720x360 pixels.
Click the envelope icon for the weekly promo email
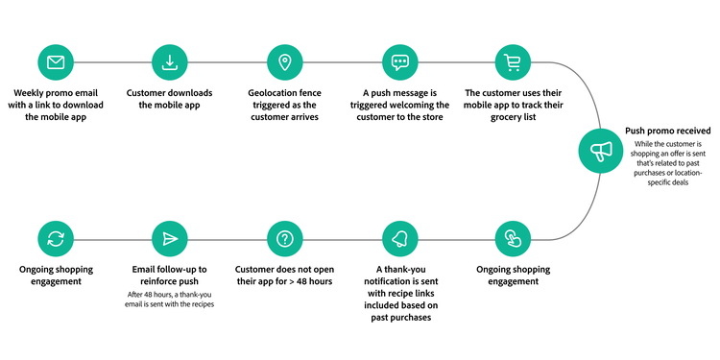point(56,63)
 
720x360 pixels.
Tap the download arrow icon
point(170,63)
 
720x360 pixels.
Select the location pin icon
point(284,63)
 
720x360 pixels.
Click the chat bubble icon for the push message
point(399,63)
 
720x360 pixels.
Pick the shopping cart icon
point(514,63)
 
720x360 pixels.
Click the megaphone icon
point(600,152)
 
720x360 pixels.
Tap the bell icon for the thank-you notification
point(399,238)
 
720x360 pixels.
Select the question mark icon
point(284,238)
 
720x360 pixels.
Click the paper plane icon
point(170,238)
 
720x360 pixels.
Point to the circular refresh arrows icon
point(56,238)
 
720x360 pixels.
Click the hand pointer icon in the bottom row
point(514,238)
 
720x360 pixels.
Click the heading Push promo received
point(667,130)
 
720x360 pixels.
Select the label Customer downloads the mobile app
point(170,99)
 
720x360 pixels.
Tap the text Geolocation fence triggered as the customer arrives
point(284,105)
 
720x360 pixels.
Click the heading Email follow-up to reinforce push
point(170,276)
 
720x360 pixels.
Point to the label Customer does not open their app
point(284,276)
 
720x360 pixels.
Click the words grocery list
point(514,117)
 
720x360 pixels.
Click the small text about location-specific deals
point(667,177)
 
